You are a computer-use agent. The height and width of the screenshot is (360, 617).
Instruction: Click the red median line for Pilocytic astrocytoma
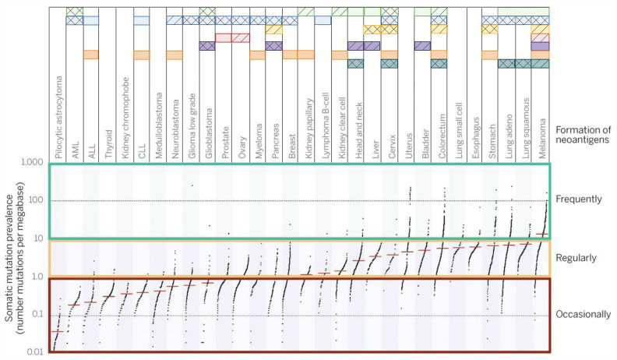57,331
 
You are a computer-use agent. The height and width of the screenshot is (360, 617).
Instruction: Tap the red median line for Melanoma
542,234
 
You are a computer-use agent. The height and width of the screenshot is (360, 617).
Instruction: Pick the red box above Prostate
224,37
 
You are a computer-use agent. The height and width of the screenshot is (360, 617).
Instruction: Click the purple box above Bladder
423,46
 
